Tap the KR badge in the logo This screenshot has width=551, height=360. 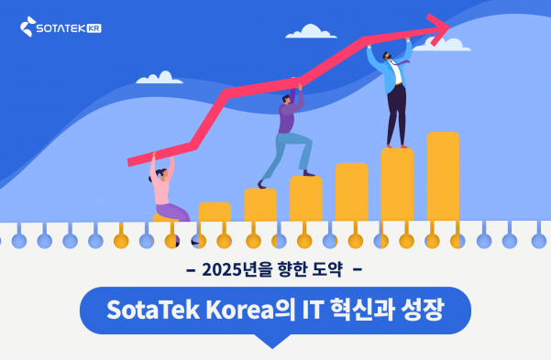pyautogui.click(x=92, y=28)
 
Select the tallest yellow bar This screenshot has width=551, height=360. pyautogui.click(x=442, y=179)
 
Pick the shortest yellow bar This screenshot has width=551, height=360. pyautogui.click(x=214, y=213)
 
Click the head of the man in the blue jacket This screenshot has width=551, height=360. pyautogui.click(x=390, y=56)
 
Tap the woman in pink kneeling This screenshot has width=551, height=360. pyautogui.click(x=164, y=192)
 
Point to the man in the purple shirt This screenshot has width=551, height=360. pyautogui.click(x=286, y=128)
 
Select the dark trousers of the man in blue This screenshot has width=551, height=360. pyautogui.click(x=396, y=115)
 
